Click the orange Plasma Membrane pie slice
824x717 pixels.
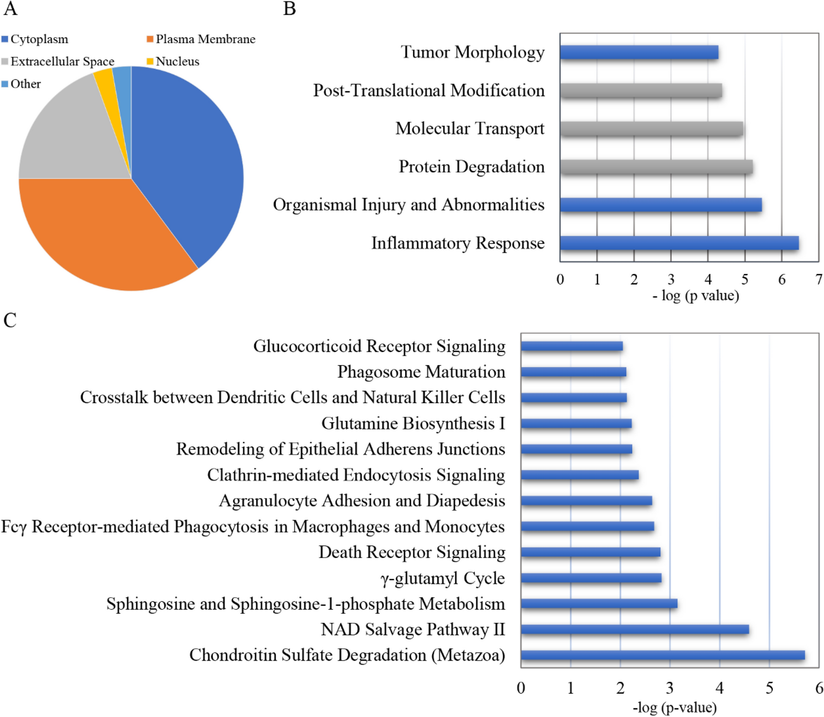pyautogui.click(x=102, y=232)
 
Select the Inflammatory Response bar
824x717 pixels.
pyautogui.click(x=679, y=243)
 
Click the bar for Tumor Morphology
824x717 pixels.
pyautogui.click(x=639, y=52)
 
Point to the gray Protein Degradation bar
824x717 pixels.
pyautogui.click(x=656, y=167)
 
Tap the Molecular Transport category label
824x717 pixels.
pyautogui.click(x=470, y=129)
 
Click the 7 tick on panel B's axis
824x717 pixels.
pyautogui.click(x=818, y=279)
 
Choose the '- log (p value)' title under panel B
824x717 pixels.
pyautogui.click(x=695, y=296)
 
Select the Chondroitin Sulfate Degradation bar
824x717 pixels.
pyautogui.click(x=663, y=655)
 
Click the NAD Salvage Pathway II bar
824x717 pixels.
pyautogui.click(x=634, y=629)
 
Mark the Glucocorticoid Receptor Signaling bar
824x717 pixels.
pyautogui.click(x=572, y=346)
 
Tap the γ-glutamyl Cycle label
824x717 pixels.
pyautogui.click(x=443, y=578)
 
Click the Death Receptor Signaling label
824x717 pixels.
pyautogui.click(x=412, y=552)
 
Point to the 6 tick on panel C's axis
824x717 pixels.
pyautogui.click(x=818, y=688)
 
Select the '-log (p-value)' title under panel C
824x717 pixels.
pyautogui.click(x=674, y=707)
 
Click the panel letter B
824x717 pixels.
pyautogui.click(x=289, y=9)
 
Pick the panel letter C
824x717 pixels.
pyautogui.click(x=10, y=320)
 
